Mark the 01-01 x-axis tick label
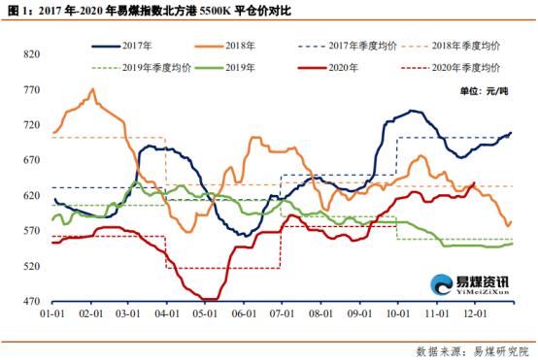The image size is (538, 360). pyautogui.click(x=51, y=314)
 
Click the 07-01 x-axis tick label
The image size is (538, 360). pyautogui.click(x=279, y=314)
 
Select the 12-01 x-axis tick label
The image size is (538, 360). pyautogui.click(x=470, y=314)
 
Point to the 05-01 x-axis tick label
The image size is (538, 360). pyautogui.click(x=203, y=314)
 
